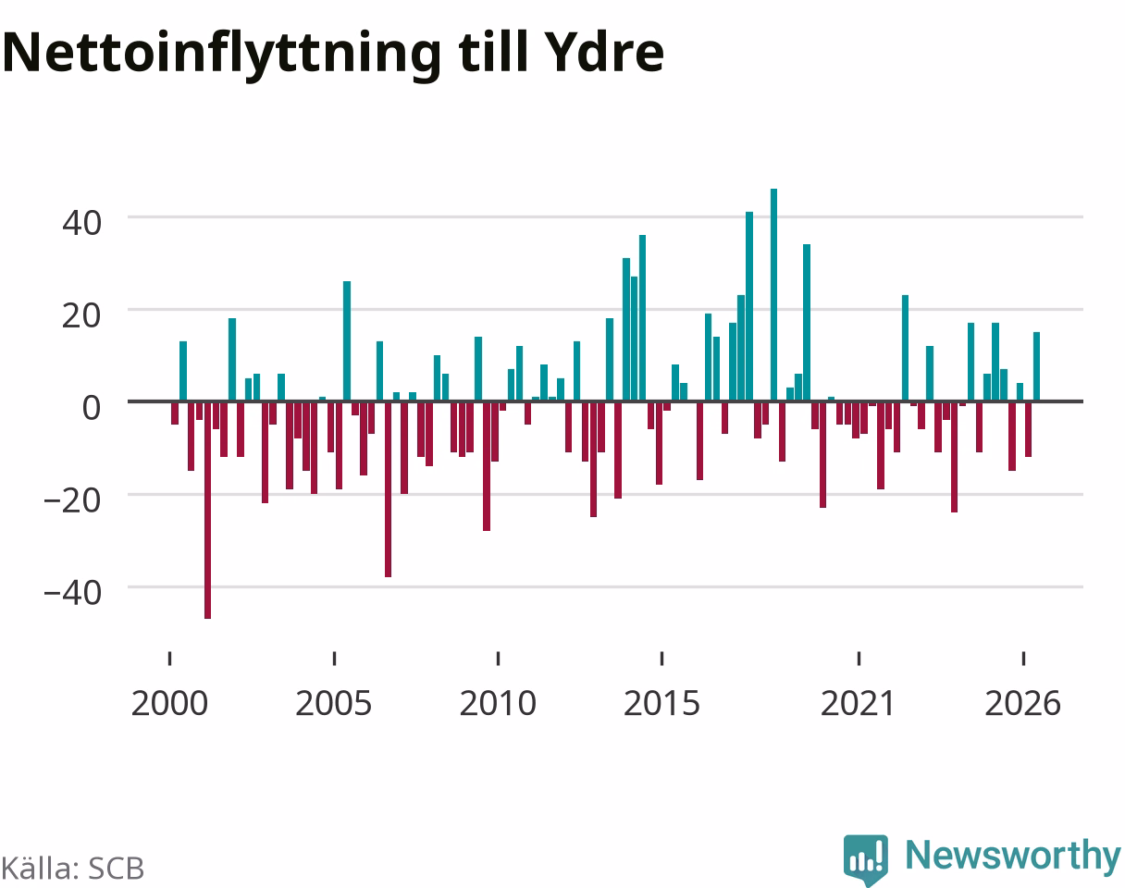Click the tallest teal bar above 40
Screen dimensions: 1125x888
click(773, 295)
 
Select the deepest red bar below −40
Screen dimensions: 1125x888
click(207, 510)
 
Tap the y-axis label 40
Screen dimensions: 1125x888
click(81, 223)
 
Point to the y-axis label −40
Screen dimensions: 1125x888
click(73, 594)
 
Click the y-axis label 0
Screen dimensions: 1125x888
click(92, 408)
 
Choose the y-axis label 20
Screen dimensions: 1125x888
click(81, 316)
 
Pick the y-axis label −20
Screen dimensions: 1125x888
click(73, 501)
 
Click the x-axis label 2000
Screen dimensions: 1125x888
click(169, 704)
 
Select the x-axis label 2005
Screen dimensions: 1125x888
click(334, 704)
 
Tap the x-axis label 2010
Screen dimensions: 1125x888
click(498, 704)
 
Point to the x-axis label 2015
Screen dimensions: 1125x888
click(661, 704)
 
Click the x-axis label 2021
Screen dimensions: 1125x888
click(859, 704)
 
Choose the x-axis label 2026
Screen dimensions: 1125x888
click(1023, 704)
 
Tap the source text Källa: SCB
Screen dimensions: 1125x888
click(72, 869)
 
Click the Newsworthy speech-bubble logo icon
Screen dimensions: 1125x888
click(866, 859)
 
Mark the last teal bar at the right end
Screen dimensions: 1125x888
click(1036, 366)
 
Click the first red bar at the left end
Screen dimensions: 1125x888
click(175, 413)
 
